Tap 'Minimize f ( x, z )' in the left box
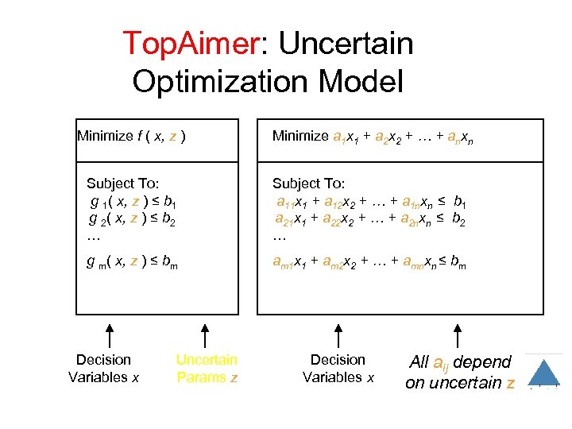(x=132, y=136)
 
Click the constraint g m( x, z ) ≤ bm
(x=132, y=263)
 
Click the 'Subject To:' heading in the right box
(x=308, y=183)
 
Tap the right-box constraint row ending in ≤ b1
(x=369, y=200)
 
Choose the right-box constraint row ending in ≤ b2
(x=369, y=218)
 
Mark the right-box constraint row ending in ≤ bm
(x=369, y=263)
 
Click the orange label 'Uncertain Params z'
(x=207, y=369)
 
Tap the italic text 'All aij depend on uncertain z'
(x=460, y=373)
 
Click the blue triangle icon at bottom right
(x=544, y=373)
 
